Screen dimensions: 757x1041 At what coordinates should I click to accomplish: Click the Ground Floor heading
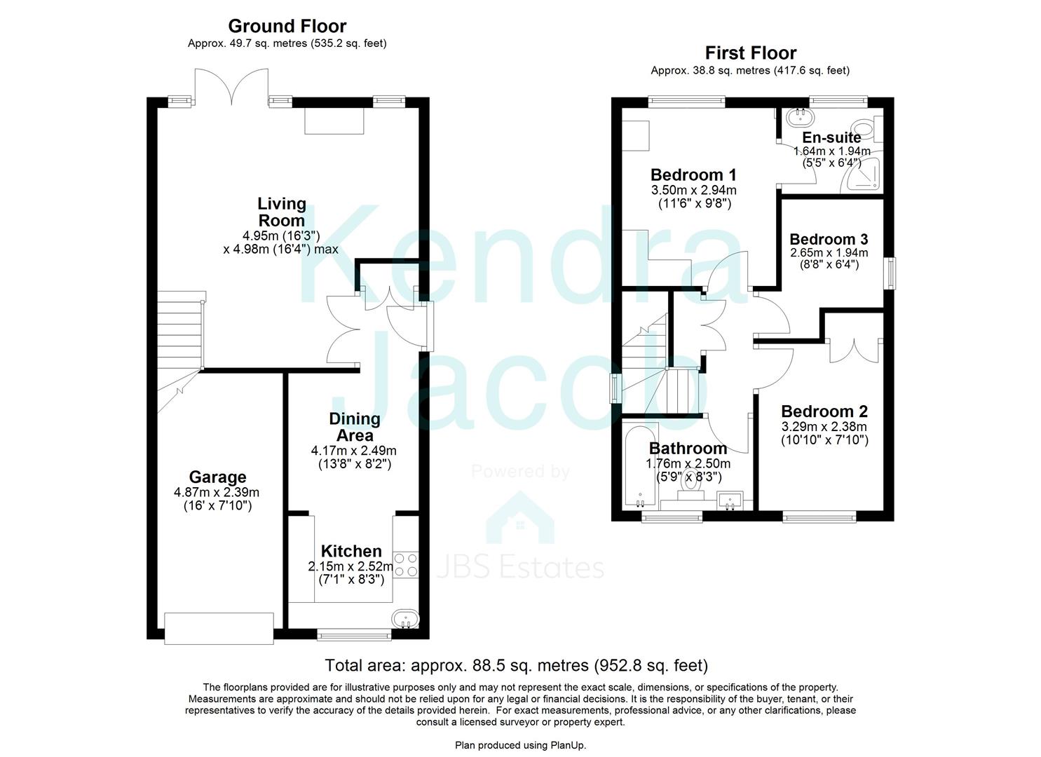tap(287, 27)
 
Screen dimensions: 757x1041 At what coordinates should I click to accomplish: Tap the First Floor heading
tap(750, 53)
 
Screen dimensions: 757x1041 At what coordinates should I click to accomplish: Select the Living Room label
tap(282, 212)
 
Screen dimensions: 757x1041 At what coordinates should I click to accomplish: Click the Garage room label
tap(217, 478)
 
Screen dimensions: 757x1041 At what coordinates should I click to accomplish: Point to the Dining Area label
tap(355, 427)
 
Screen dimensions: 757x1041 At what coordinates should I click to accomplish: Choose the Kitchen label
tap(351, 552)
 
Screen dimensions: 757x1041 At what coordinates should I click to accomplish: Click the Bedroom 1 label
tap(693, 175)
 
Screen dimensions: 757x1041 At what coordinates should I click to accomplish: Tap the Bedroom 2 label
tap(824, 411)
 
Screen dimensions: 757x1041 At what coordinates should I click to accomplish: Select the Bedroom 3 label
tap(829, 240)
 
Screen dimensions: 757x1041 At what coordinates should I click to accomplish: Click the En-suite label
tap(831, 137)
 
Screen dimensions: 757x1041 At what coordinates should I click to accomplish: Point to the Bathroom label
tap(688, 449)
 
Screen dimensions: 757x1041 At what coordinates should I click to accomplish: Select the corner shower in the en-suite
tap(863, 175)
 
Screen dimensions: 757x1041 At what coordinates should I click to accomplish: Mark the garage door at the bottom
tap(219, 628)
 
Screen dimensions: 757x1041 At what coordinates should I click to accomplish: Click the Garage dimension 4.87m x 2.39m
tap(217, 493)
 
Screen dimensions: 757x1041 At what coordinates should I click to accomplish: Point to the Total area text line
tap(516, 665)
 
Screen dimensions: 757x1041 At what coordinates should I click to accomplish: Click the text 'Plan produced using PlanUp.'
tap(520, 745)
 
